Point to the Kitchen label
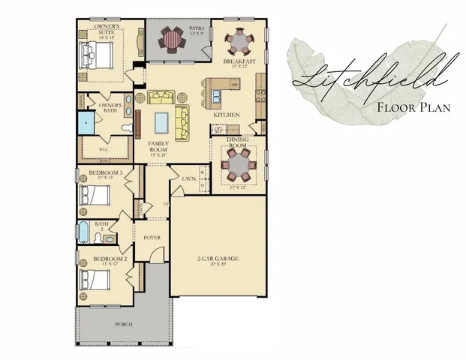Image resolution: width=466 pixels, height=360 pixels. pos(226,115)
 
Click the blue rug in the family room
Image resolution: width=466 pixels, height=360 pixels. pos(162,121)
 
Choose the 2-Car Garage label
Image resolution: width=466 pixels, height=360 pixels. pos(218,259)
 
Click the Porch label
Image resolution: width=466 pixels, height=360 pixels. pos(125,324)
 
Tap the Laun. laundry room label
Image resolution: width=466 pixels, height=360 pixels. pos(189,178)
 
